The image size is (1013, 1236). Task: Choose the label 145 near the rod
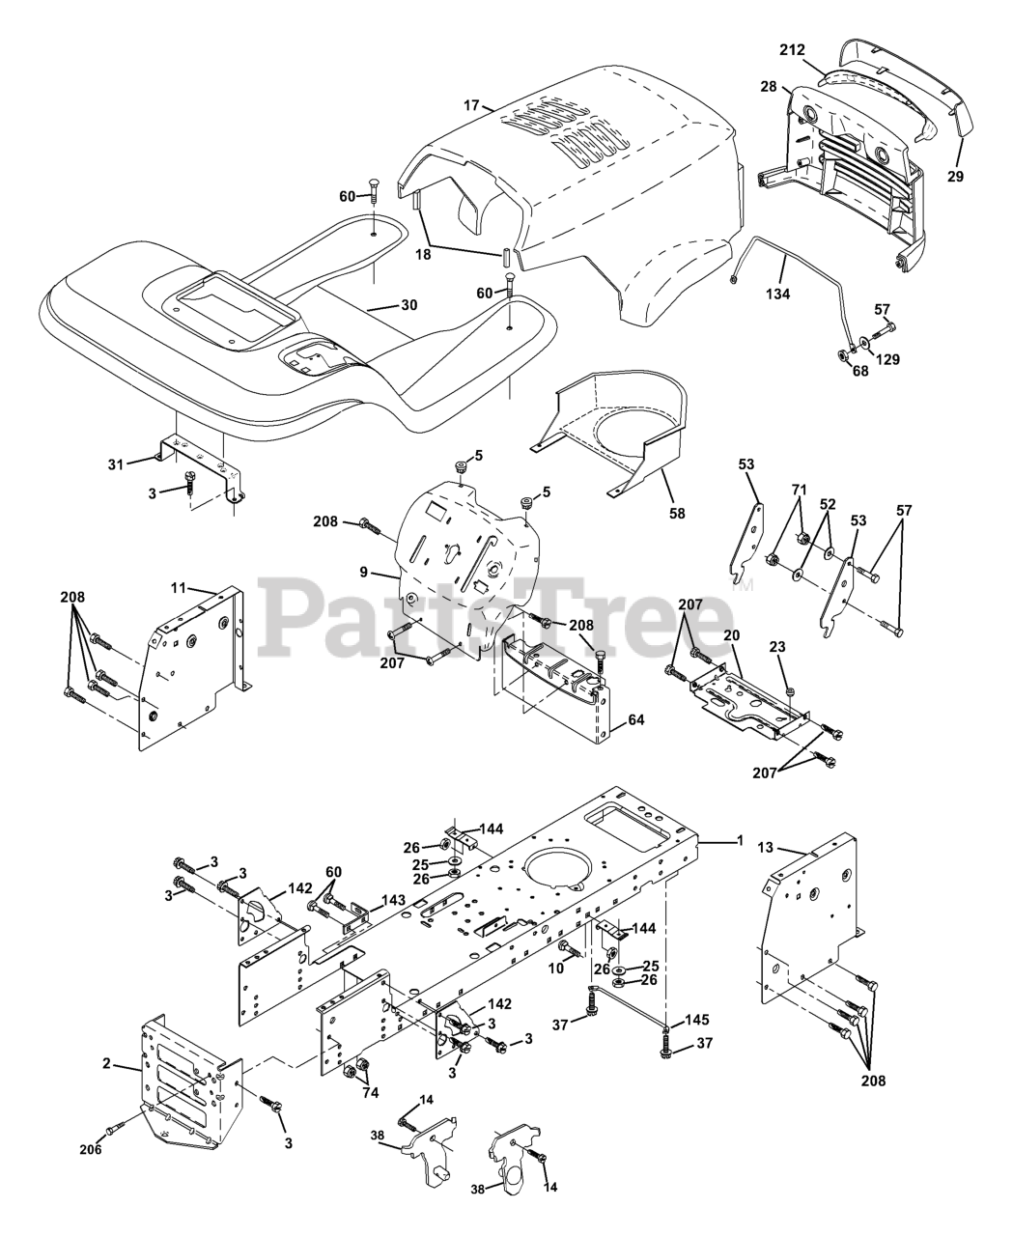click(x=697, y=1020)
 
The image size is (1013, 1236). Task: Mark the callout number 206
click(x=91, y=1150)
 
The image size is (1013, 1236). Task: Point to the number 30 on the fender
click(x=408, y=305)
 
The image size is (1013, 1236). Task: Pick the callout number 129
click(x=887, y=359)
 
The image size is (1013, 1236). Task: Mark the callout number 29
click(x=955, y=177)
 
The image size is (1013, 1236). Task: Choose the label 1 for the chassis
click(x=739, y=841)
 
